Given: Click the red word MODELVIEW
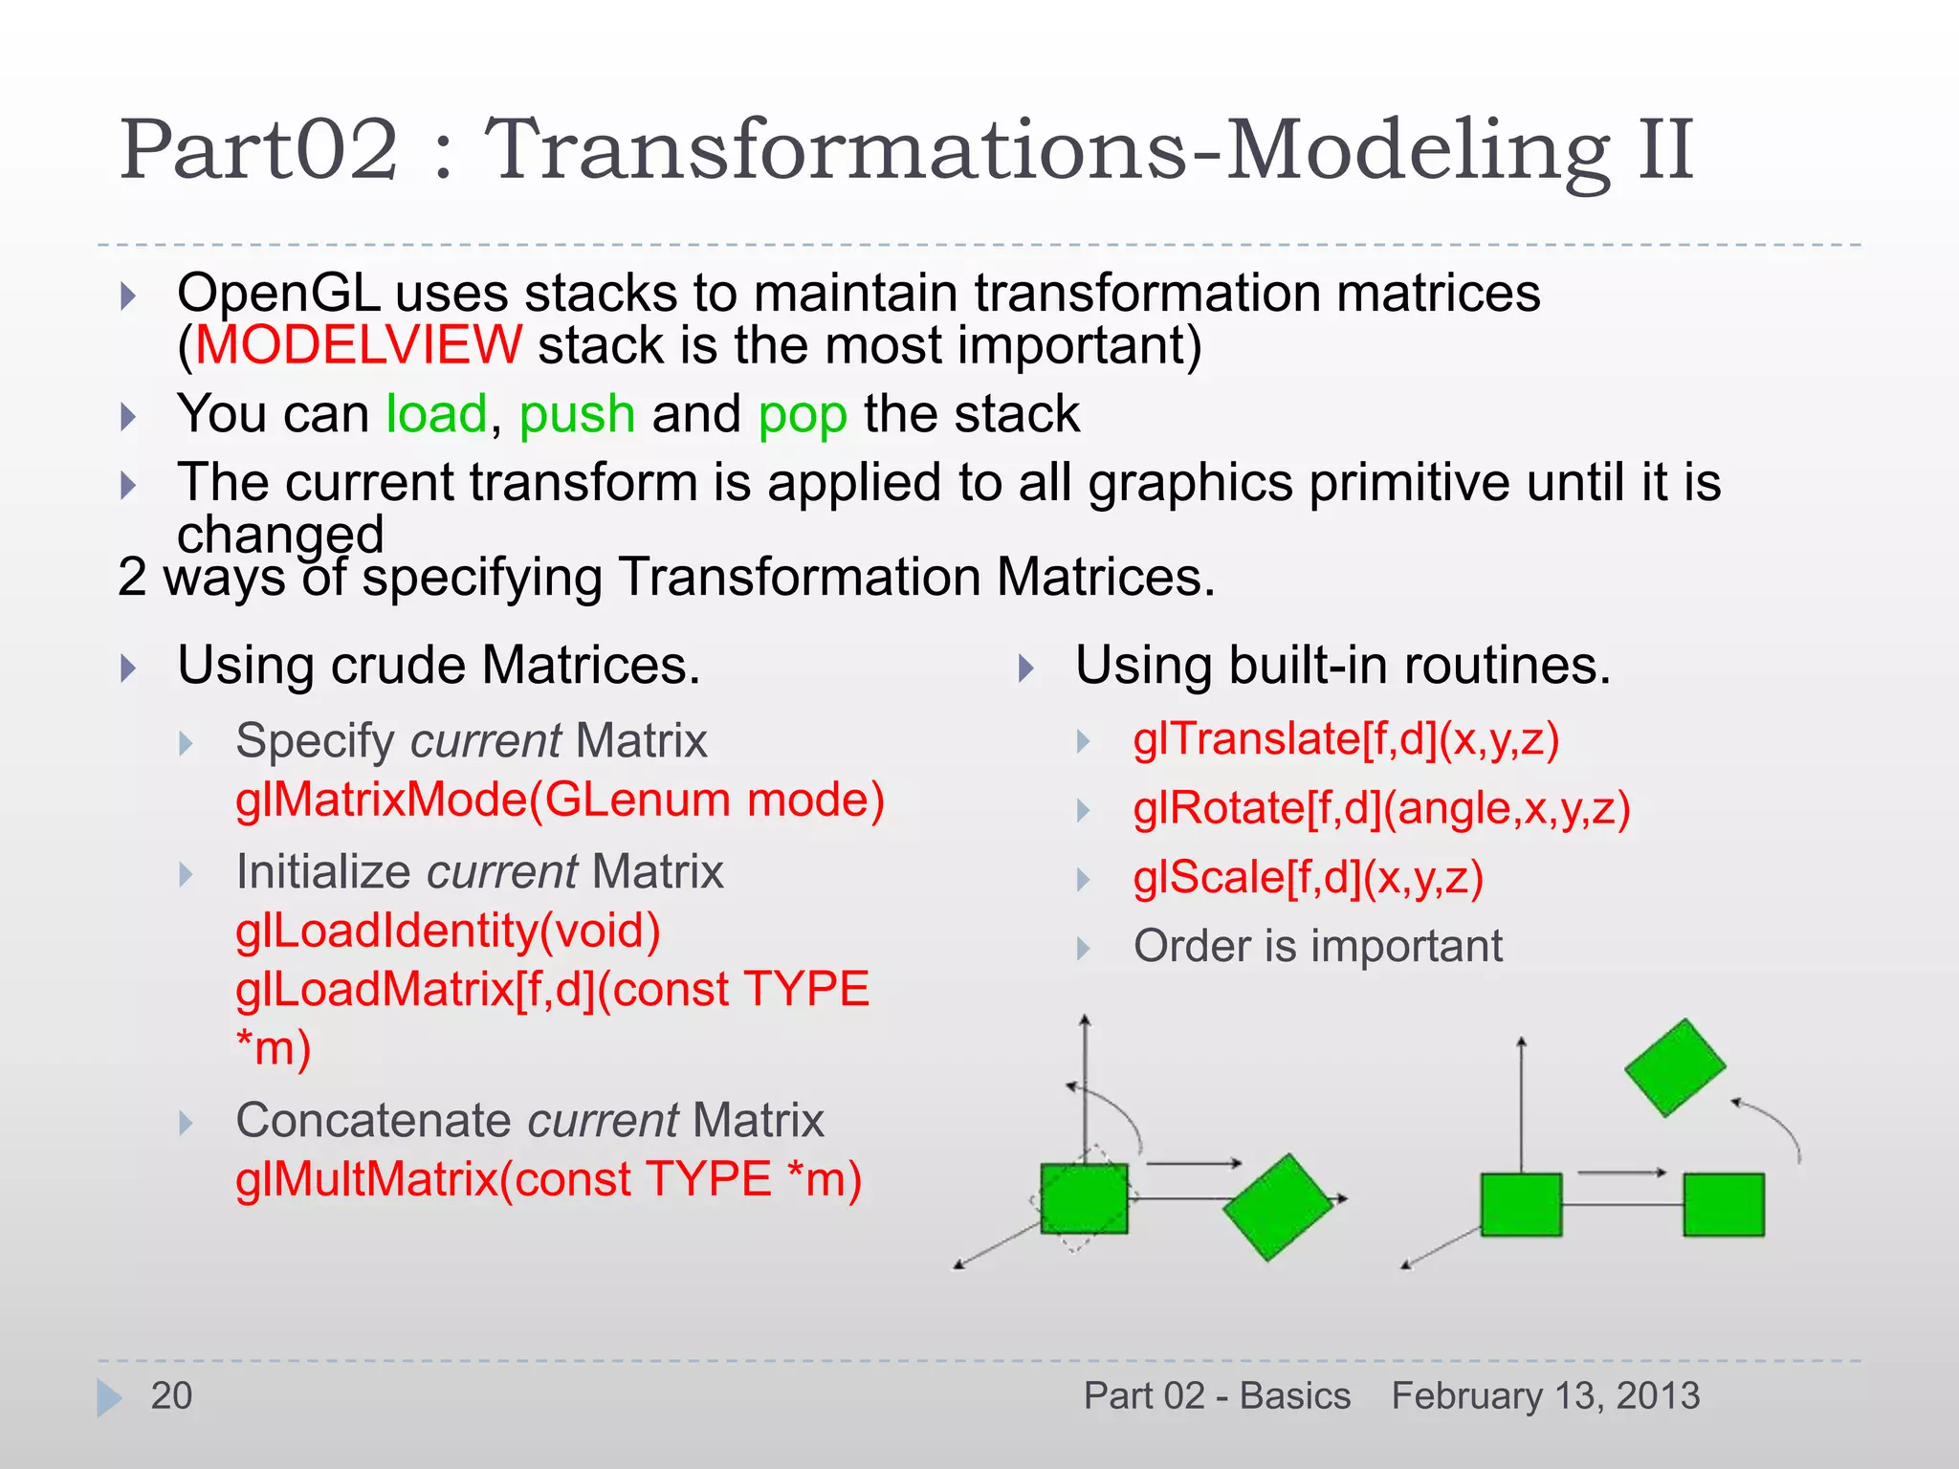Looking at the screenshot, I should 359,345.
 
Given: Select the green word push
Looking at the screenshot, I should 577,415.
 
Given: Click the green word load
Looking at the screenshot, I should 436,414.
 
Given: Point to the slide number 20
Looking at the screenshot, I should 171,1395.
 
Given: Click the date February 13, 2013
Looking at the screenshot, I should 1545,1395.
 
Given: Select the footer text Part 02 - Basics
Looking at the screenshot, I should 1217,1395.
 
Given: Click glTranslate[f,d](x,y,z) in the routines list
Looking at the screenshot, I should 1346,739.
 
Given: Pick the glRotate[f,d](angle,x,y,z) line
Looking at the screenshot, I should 1381,809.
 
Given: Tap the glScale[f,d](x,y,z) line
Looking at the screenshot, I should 1308,878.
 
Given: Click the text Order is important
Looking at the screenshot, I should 1317,946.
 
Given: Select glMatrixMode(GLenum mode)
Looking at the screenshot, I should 560,800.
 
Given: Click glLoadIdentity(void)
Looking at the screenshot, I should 448,931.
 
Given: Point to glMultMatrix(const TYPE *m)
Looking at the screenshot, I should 548,1179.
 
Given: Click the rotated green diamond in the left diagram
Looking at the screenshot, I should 1277,1206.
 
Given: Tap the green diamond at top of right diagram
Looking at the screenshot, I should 1674,1067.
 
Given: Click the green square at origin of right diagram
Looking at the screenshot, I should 1521,1205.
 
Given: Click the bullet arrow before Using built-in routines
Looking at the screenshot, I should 1026,668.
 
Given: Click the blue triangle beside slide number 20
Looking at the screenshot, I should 108,1397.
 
